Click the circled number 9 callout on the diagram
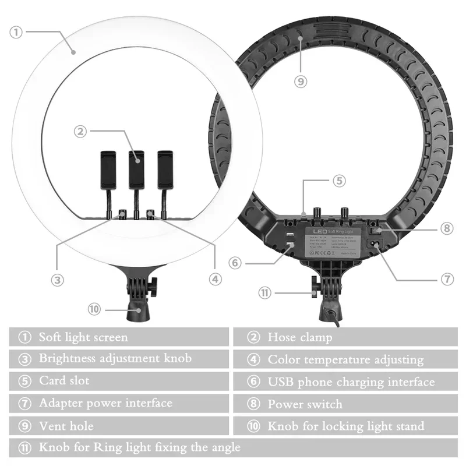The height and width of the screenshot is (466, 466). click(x=301, y=82)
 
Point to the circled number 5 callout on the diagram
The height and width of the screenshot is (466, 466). click(x=340, y=181)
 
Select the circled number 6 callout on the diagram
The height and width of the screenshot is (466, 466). click(x=235, y=263)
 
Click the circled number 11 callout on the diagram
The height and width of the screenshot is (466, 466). click(x=266, y=292)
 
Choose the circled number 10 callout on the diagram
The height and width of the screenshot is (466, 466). click(x=94, y=309)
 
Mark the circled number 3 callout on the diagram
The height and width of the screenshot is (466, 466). click(x=57, y=280)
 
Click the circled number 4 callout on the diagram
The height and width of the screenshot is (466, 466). click(x=216, y=279)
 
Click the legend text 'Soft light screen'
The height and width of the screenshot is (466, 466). click(x=83, y=337)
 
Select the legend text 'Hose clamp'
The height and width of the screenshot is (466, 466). click(x=299, y=337)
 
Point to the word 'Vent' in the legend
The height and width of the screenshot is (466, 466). click(x=51, y=426)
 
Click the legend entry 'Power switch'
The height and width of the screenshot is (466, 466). click(x=305, y=404)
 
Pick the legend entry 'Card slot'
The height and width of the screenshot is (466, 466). click(x=64, y=382)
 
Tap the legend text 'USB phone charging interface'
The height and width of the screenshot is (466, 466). click(x=351, y=382)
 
